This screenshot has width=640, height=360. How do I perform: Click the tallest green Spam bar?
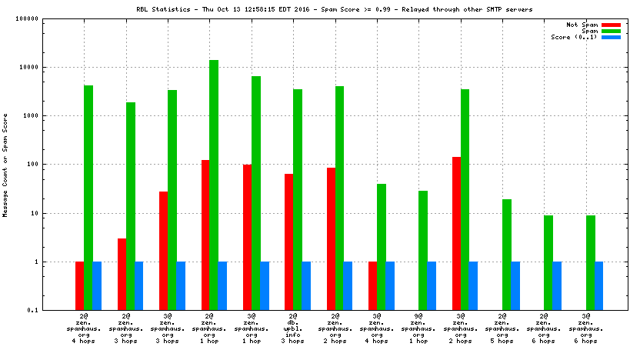pyautogui.click(x=214, y=185)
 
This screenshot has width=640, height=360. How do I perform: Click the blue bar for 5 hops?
pyautogui.click(x=515, y=285)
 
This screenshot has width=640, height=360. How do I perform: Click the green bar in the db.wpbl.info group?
pyautogui.click(x=298, y=199)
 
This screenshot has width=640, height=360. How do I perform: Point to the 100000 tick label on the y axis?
pyautogui.click(x=48, y=18)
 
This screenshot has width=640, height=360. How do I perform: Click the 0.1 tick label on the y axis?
pyautogui.click(x=53, y=310)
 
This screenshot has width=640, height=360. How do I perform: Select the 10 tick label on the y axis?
pyautogui.click(x=55, y=213)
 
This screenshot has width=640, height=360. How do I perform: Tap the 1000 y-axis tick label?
pyautogui.click(x=52, y=116)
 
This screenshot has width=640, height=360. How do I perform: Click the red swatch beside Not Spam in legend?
pyautogui.click(x=611, y=25)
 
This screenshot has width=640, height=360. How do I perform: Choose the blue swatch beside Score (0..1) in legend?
pyautogui.click(x=611, y=37)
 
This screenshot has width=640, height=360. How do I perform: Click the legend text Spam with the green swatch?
pyautogui.click(x=590, y=31)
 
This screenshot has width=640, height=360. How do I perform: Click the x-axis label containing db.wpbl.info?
pyautogui.click(x=293, y=329)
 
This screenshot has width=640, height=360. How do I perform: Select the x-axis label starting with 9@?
pyautogui.click(x=418, y=329)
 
